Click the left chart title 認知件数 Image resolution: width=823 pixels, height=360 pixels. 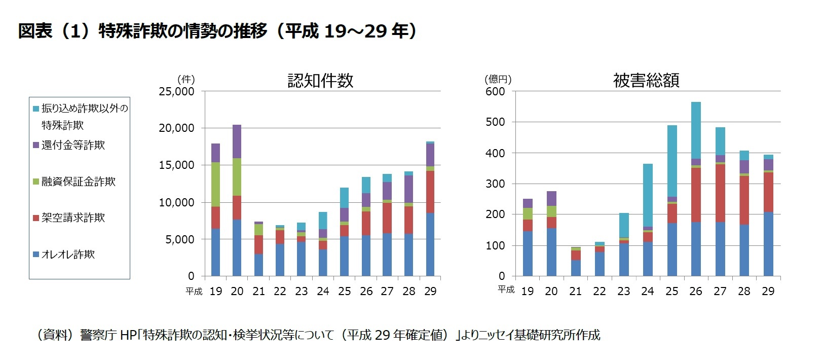coord(320,81)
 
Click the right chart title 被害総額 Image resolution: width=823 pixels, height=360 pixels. coord(646,81)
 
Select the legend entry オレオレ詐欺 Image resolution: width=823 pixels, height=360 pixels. coord(68,255)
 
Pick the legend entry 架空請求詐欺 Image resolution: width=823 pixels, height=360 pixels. coord(73,218)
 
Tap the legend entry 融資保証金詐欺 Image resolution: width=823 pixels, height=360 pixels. coord(78,182)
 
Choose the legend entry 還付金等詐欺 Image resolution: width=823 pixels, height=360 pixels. coord(73,145)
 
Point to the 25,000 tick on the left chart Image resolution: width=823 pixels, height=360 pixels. coord(176,92)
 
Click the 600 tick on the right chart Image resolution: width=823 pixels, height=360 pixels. coord(495,92)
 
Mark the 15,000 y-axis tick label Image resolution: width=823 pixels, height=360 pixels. coord(176,165)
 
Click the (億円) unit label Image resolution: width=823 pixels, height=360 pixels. coord(498,79)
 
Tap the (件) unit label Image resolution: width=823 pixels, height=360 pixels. coord(186,79)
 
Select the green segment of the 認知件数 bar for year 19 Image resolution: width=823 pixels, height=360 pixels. coord(216,185)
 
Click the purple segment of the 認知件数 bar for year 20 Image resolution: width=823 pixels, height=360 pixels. coord(237,141)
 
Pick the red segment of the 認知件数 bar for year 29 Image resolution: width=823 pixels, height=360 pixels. coord(430,192)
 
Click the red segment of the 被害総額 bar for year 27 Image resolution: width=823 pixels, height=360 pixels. coord(720,193)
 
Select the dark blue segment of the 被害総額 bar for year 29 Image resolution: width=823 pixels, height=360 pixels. coord(768,244)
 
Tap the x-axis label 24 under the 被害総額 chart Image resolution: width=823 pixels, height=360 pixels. coord(648,292)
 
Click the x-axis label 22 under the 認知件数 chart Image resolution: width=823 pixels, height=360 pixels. coord(280,292)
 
